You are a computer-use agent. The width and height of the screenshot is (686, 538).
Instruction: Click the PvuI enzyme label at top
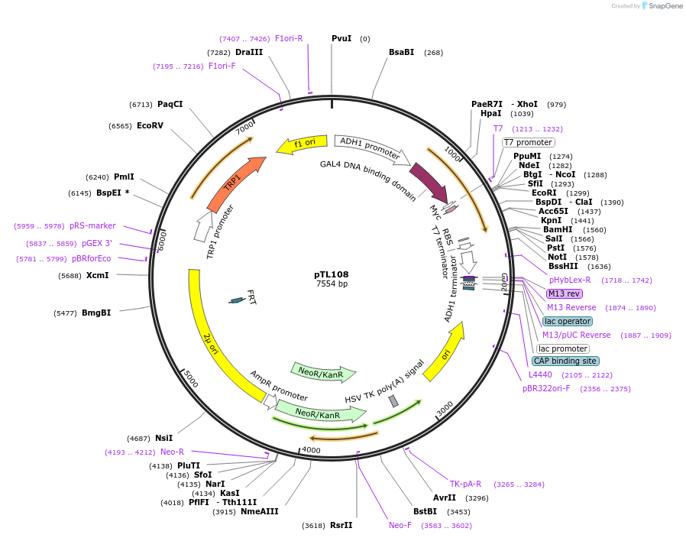point(341,38)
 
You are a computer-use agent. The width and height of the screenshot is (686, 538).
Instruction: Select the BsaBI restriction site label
point(401,52)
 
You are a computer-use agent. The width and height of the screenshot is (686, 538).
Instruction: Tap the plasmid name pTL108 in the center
point(332,274)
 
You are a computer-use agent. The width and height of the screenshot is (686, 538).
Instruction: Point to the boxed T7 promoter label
point(528,142)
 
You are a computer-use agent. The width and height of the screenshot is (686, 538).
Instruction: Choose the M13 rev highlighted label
point(564,293)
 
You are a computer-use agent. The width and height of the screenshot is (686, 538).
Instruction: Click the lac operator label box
point(568,321)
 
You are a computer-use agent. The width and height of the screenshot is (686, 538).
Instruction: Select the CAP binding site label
point(565,361)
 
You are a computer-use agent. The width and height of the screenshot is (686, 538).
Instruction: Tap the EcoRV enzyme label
point(150,125)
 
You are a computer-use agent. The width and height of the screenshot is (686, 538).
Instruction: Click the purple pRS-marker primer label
point(92,226)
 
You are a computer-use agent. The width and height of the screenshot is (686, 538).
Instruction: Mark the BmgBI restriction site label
point(96,313)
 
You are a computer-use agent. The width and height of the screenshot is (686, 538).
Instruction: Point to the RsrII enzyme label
point(341,525)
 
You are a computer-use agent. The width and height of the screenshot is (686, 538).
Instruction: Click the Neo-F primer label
point(400,525)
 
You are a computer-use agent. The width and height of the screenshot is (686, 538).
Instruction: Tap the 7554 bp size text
point(332,284)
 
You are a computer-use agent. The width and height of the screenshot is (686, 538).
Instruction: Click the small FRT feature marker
point(237,300)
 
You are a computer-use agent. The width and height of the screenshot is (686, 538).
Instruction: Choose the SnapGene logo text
point(665,6)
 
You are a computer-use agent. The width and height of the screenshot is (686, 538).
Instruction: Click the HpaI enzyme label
point(491,113)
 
